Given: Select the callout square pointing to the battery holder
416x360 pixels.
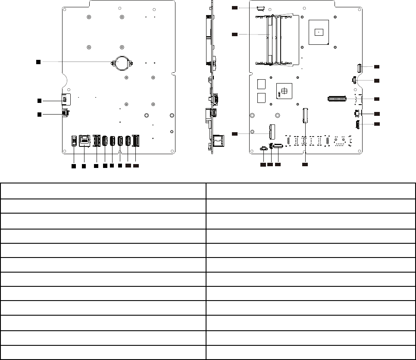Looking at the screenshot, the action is tap(38, 62).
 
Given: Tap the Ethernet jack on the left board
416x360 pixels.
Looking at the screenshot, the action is tap(84, 140).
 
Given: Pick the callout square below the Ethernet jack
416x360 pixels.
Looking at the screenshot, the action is tap(84, 166).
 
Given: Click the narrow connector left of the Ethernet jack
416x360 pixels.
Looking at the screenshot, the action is tap(74, 141).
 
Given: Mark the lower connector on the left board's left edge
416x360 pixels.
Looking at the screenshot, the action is tap(66, 113).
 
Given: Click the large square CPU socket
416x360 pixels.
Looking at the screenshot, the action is tap(319, 32).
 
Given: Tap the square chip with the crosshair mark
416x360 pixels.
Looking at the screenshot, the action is tap(284, 92).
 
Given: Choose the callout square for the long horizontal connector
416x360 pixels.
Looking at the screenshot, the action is tap(377, 99).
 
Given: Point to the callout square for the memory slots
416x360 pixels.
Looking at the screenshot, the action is tap(235, 34).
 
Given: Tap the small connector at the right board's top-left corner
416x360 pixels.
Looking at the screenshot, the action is tap(260, 8).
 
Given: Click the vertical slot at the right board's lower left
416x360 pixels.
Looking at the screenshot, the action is tap(272, 130).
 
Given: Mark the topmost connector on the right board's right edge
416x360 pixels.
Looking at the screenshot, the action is tap(359, 67).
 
